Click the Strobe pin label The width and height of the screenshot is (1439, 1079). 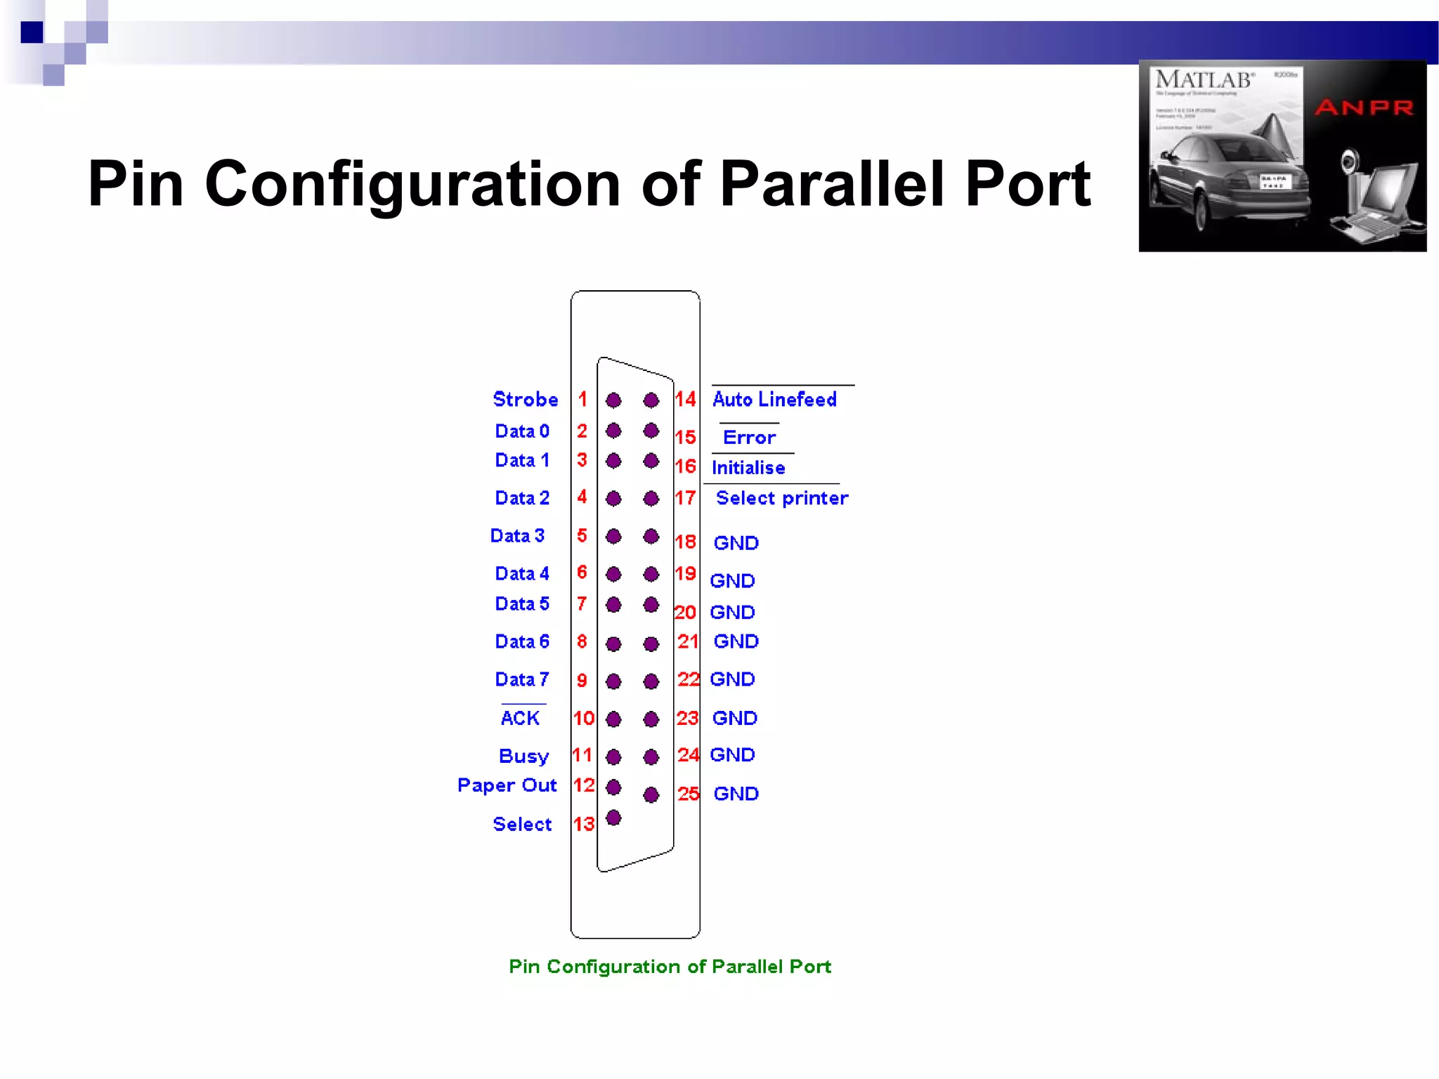click(525, 399)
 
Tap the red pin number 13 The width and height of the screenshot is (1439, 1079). click(583, 824)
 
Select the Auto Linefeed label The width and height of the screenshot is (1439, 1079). click(774, 399)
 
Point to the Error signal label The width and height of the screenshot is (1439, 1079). click(749, 437)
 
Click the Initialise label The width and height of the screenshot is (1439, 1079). click(748, 467)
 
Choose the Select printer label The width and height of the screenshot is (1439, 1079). click(781, 498)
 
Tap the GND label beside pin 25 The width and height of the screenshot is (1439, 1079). click(736, 794)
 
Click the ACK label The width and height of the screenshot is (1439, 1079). click(520, 718)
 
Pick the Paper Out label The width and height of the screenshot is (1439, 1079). click(507, 785)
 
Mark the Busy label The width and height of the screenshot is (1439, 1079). click(523, 756)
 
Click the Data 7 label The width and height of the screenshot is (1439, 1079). click(521, 679)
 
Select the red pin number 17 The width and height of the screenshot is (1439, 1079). click(685, 498)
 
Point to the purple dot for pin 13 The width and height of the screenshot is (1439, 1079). click(613, 818)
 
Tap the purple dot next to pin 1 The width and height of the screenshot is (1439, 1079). click(613, 400)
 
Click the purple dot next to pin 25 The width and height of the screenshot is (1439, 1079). click(651, 794)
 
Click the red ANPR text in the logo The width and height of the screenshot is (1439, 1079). click(1364, 107)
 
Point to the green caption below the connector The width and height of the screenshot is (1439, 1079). click(670, 967)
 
